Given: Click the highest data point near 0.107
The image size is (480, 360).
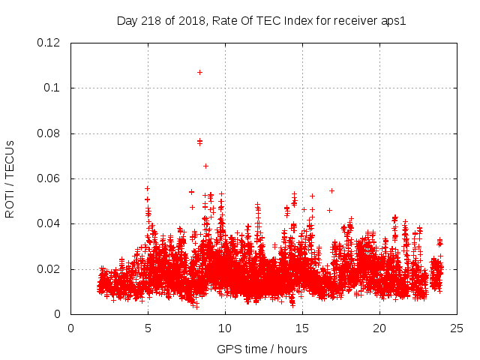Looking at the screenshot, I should [x=199, y=72].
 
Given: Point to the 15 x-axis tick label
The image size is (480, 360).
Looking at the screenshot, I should [x=302, y=328].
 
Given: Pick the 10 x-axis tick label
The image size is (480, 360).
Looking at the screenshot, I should [x=225, y=328].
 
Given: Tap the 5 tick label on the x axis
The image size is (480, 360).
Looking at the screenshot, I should [x=148, y=328].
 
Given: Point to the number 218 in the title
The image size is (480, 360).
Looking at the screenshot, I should [x=153, y=20].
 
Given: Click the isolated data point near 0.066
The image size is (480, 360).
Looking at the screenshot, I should [x=205, y=166].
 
